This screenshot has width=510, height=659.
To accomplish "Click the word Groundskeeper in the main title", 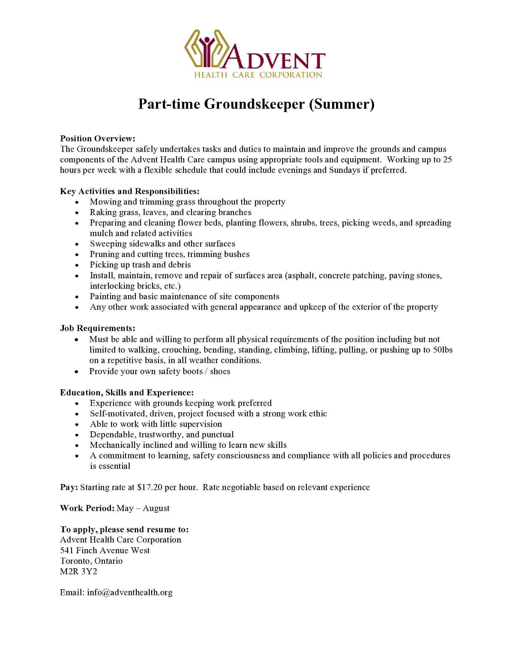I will click(x=254, y=104).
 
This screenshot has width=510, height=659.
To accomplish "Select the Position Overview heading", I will click(x=97, y=138).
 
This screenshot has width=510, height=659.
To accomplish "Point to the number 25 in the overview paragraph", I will click(x=447, y=160).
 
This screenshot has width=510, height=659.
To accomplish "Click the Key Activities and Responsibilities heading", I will click(x=130, y=191).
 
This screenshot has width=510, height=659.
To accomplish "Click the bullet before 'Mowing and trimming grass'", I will click(x=77, y=202).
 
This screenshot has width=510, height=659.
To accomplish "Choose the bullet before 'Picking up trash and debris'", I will click(x=77, y=265).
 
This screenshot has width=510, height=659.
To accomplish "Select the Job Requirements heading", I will click(x=97, y=328).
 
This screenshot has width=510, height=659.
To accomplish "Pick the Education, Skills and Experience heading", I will click(x=127, y=393).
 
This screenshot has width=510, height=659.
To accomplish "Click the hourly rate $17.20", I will click(x=150, y=487).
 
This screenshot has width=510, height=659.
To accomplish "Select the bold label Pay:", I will click(x=69, y=487).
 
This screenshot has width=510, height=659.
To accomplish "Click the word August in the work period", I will click(x=156, y=508).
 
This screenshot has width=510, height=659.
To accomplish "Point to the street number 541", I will click(x=67, y=550).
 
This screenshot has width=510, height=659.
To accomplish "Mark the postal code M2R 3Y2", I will click(x=79, y=572).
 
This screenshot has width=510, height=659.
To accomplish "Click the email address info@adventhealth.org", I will click(x=130, y=593).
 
